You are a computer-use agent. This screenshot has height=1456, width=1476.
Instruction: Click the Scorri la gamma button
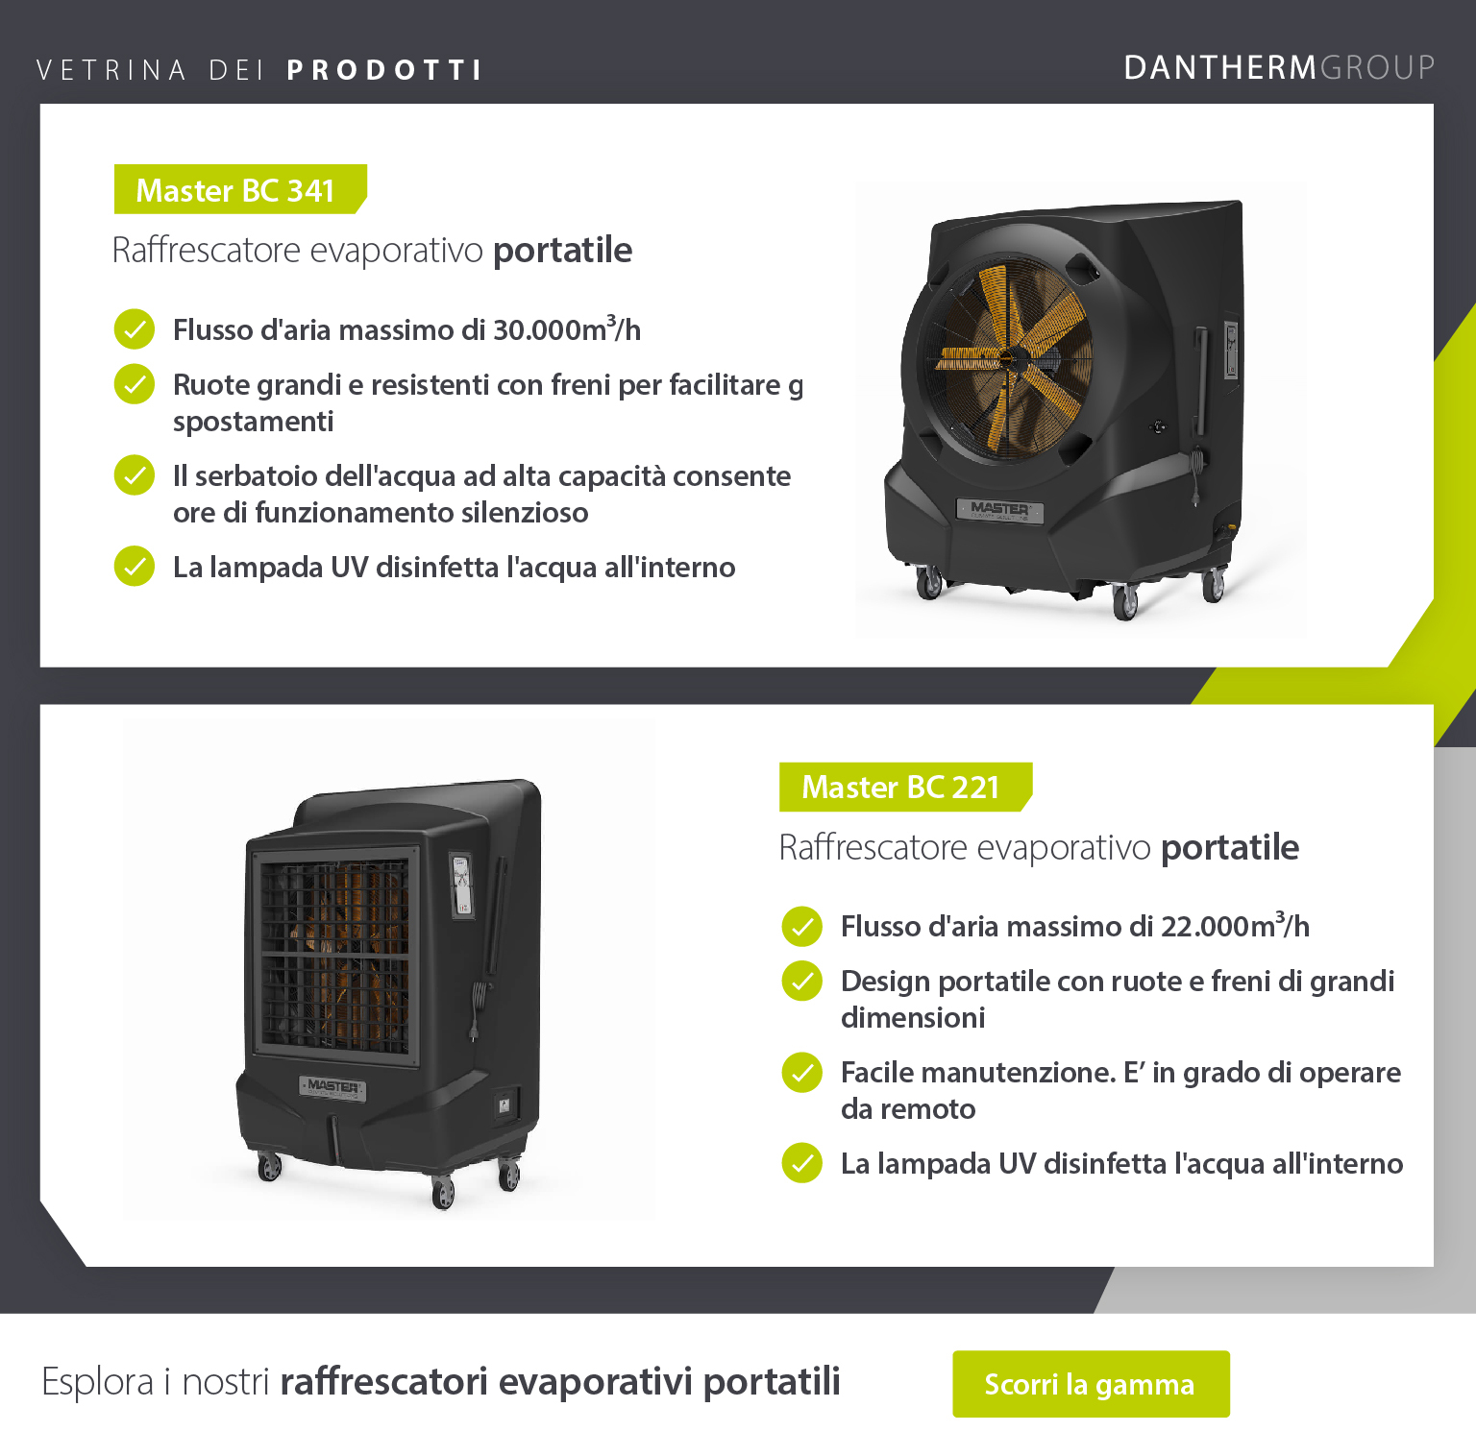point(1091,1383)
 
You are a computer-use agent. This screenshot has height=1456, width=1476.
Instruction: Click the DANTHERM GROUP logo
point(1279,67)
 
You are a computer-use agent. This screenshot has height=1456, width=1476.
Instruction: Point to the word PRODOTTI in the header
point(384,70)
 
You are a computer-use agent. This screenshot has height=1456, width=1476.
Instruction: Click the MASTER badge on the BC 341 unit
point(999,509)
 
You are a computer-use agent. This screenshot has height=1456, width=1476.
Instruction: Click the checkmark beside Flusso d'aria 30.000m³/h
point(135,328)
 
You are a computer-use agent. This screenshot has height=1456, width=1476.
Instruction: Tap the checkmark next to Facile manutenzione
point(801,1072)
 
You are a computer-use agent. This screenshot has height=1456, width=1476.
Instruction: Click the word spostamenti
point(254,422)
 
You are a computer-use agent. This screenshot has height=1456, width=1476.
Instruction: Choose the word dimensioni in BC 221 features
point(913,1017)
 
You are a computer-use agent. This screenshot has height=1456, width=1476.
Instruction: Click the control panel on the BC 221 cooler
point(462,885)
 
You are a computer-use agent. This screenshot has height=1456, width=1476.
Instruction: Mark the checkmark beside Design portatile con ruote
point(801,981)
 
